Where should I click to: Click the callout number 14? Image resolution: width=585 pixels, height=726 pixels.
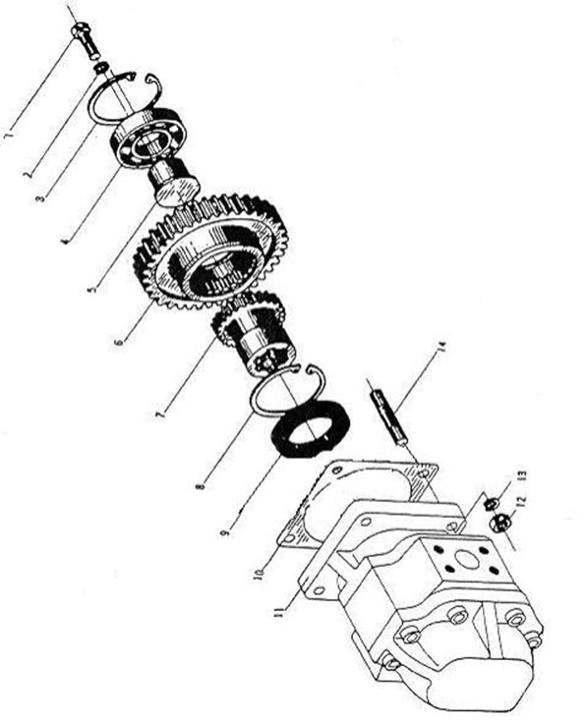coord(441,347)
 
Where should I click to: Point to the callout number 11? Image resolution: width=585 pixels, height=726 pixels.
coord(279,612)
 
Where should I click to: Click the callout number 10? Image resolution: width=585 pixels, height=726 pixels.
coord(261,573)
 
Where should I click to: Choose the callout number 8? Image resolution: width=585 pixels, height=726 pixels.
coord(201,486)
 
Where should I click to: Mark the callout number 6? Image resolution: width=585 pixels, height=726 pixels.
coord(119,342)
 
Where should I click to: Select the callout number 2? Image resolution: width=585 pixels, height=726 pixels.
coord(29,174)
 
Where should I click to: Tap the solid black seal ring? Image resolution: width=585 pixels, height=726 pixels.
coord(311,429)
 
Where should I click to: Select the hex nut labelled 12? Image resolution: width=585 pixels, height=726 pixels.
coord(500,523)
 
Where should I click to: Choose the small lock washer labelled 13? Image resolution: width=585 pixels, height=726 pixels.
coord(491,502)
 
